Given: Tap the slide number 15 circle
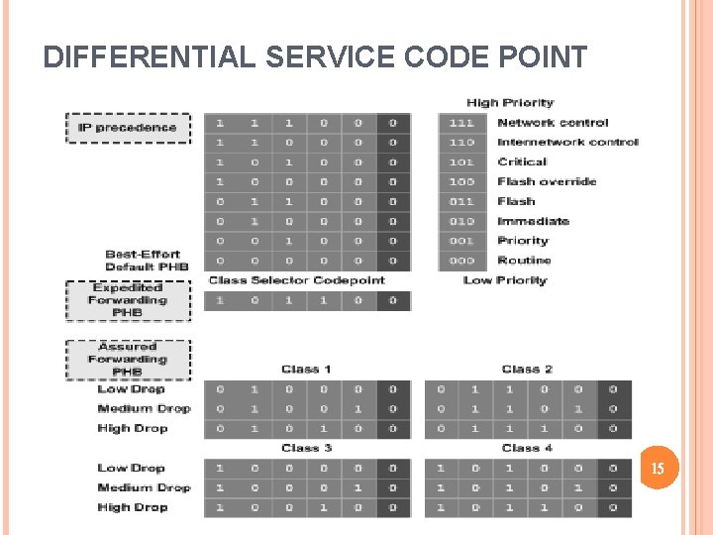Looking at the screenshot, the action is pos(658,467).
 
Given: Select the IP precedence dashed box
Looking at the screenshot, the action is pos(128,127).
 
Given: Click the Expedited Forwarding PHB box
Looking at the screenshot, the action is pos(128,300).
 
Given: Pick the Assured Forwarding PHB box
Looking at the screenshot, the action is pos(128,360).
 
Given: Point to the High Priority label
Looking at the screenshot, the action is pos(510,103).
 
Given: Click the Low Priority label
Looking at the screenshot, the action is pos(504,280).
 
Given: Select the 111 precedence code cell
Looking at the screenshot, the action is pos(461,123).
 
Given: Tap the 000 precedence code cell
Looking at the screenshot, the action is pos(461,261).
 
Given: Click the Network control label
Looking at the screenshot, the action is pos(553,123).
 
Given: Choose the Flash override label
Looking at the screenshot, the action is pos(547,181).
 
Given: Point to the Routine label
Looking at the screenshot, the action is pos(524,261).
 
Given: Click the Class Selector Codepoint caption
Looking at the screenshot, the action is pos(296,280).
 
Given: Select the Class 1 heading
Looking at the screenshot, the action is pos(306,370).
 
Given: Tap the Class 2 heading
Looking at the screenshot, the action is pos(527,370).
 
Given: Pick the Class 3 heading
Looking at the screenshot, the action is pos(306,448).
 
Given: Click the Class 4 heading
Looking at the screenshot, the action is pos(527,448).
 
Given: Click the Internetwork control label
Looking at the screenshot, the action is pos(567,143).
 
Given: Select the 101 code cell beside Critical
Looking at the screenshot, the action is pos(461,162).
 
